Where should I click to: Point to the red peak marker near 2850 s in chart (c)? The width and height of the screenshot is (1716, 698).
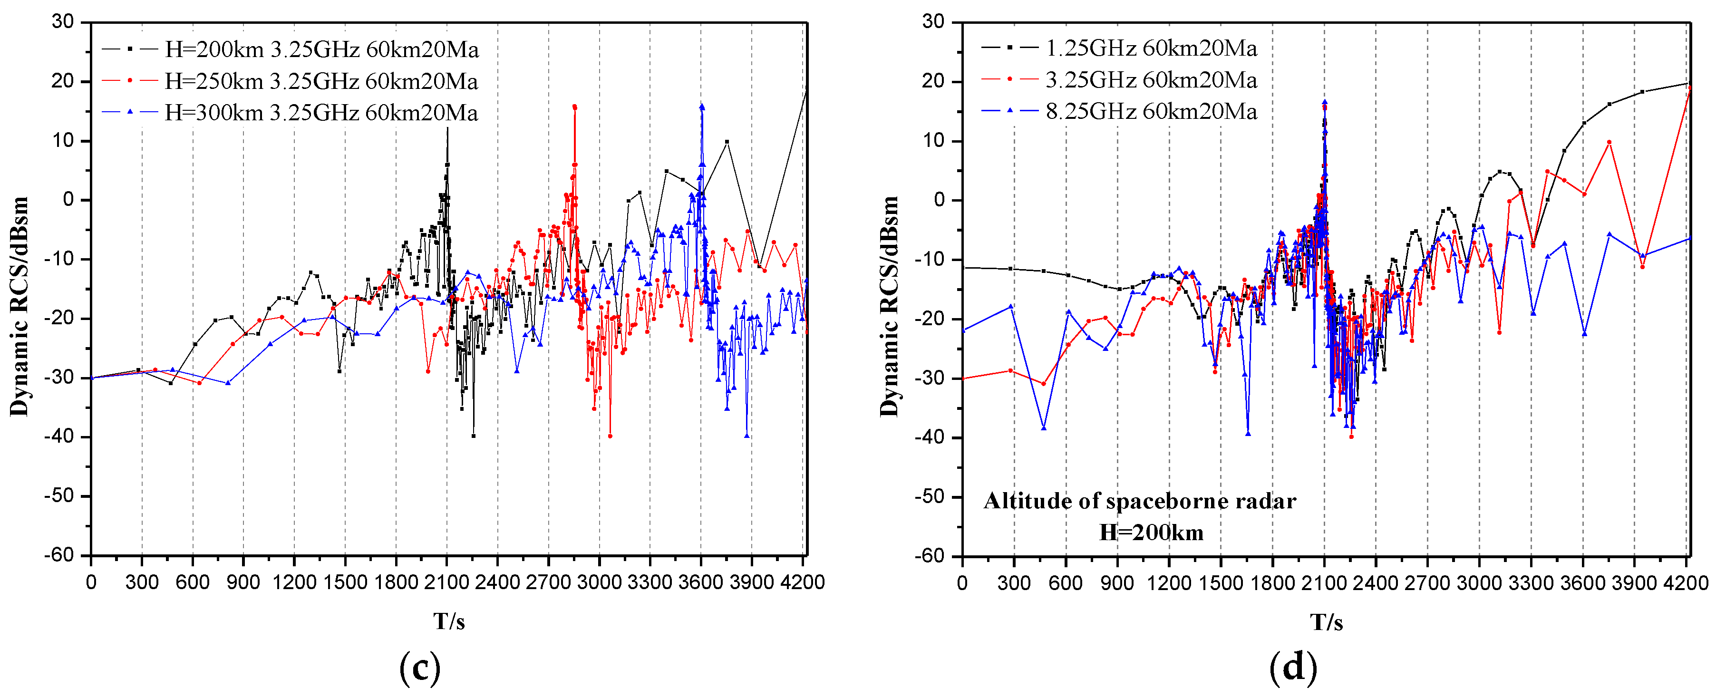(574, 107)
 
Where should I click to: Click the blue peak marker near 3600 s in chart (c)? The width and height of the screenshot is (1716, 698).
(702, 107)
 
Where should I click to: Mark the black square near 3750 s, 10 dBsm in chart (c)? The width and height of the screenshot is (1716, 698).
(727, 141)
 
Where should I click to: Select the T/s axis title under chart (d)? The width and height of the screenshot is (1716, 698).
(1326, 622)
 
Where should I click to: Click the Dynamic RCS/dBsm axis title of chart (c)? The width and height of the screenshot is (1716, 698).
(20, 306)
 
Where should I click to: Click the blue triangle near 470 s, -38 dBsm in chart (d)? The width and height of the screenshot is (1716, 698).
(1043, 427)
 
